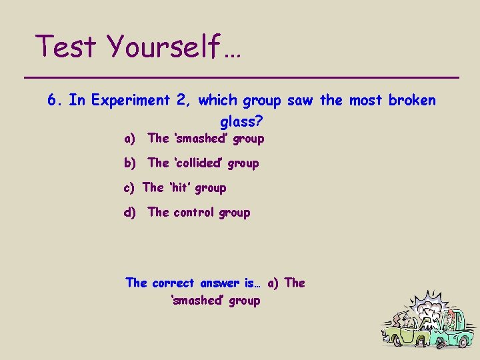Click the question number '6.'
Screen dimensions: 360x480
point(56,100)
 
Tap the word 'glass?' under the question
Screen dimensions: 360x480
point(241,122)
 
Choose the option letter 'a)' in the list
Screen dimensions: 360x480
point(130,139)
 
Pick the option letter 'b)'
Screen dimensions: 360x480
point(130,163)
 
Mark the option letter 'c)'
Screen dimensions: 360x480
point(130,188)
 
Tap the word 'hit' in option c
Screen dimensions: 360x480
point(179,188)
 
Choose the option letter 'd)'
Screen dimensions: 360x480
point(130,213)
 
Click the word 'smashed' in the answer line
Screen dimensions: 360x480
point(199,301)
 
